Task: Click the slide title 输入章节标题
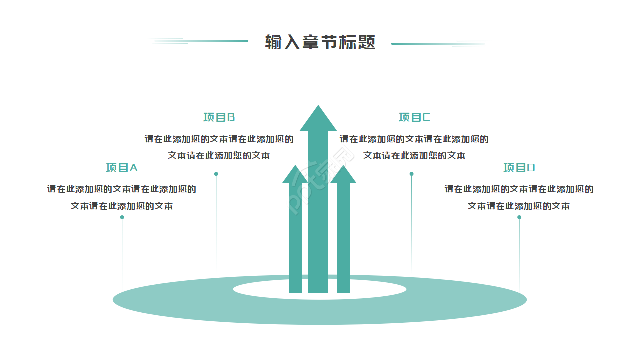320,43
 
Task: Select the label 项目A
121,168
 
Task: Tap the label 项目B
219,117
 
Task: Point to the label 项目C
414,117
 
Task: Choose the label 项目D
519,168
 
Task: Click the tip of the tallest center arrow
318,108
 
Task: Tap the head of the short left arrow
295,175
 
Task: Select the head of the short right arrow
343,175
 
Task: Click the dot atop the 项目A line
122,217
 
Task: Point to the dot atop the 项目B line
216,174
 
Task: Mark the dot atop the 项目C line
411,174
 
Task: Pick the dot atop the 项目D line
519,217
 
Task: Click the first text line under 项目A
121,189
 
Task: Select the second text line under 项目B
219,155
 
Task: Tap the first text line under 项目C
414,139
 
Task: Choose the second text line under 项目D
519,206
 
